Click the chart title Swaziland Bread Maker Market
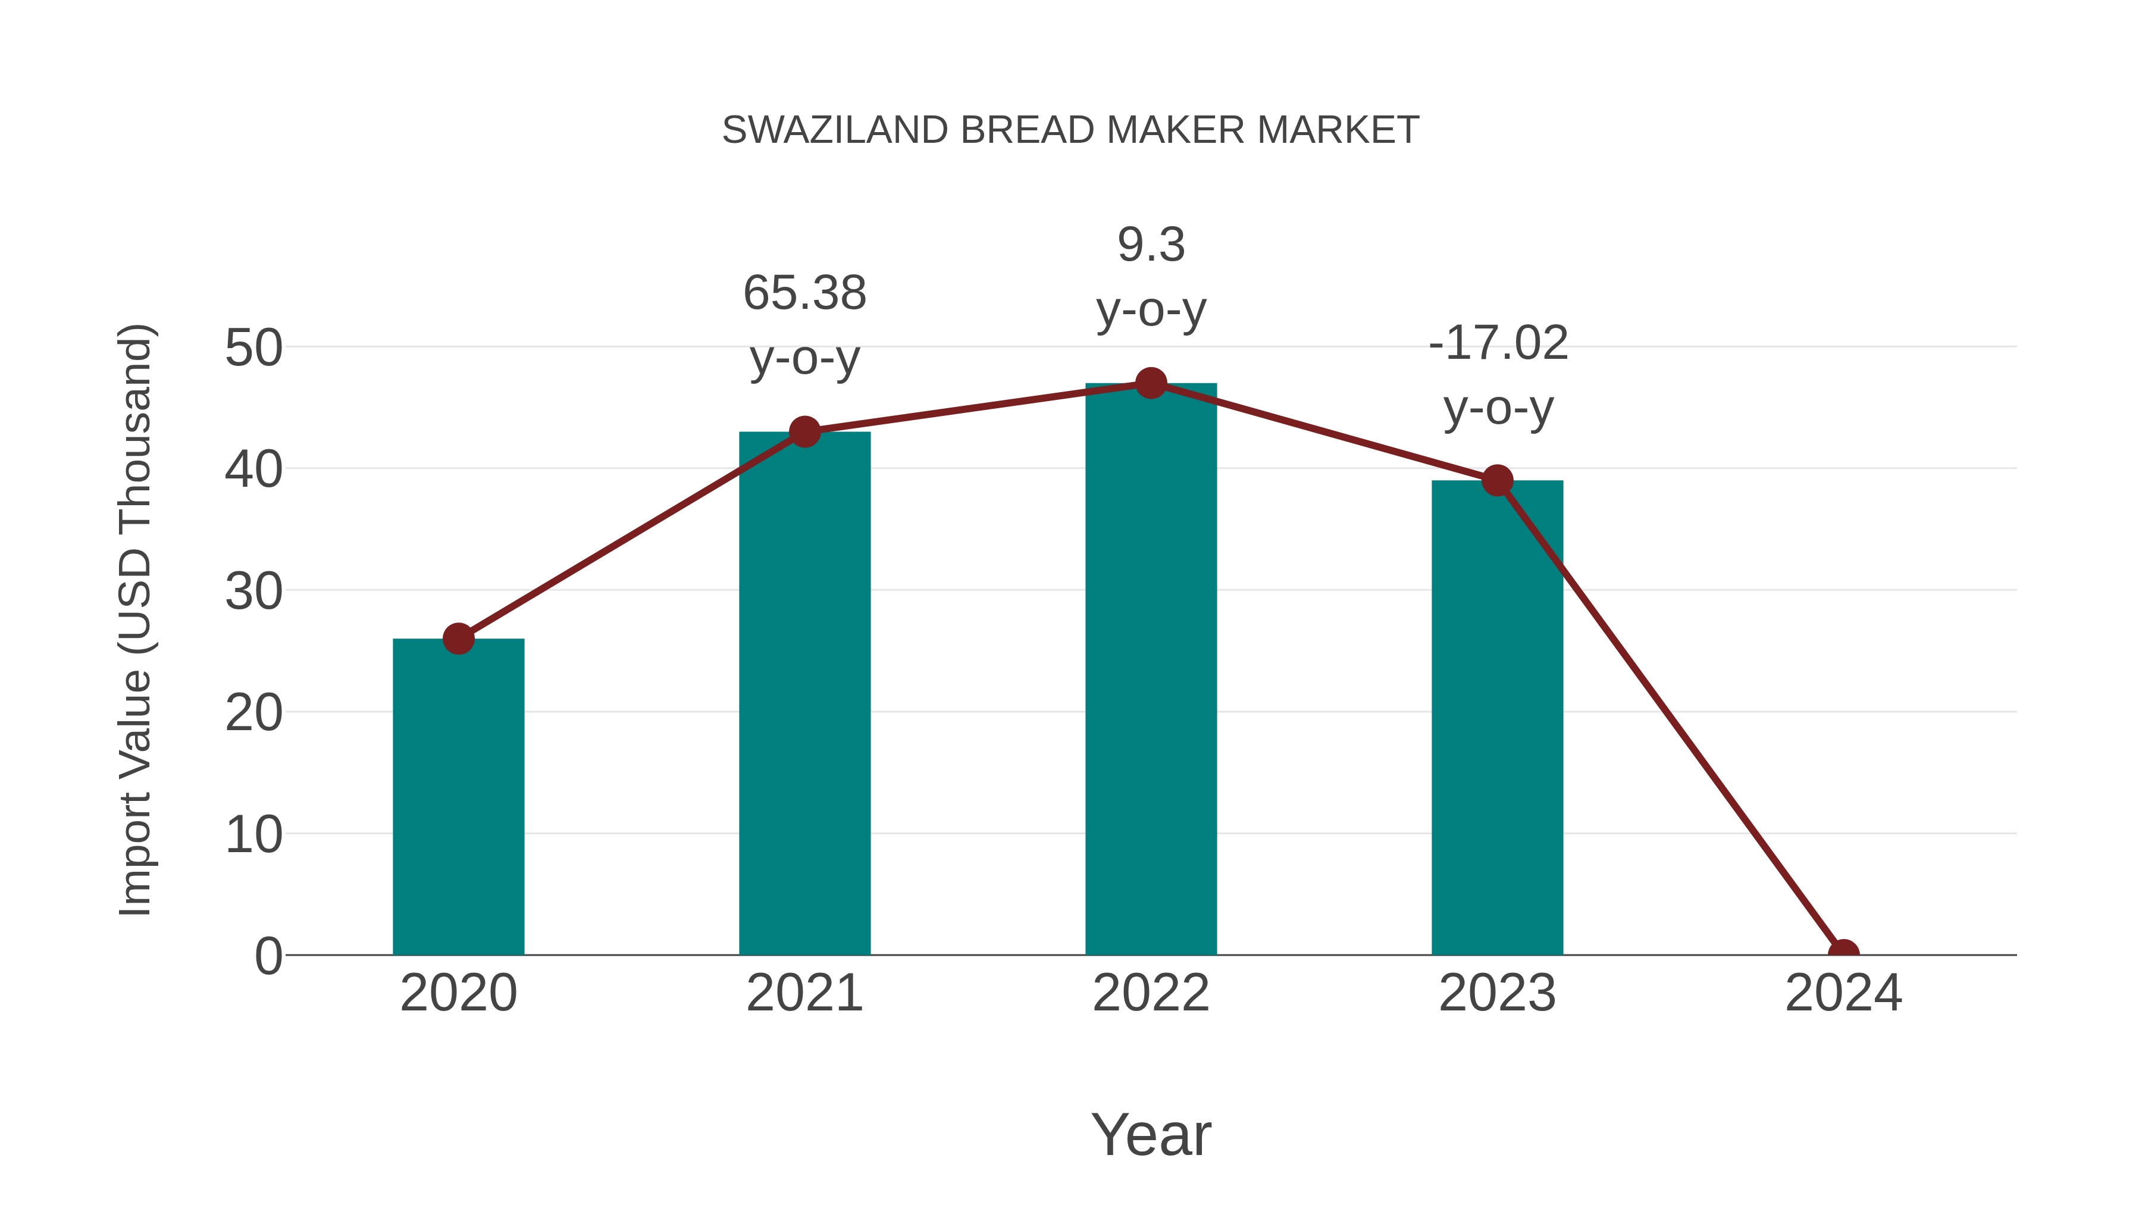tap(1070, 130)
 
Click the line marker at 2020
tap(458, 639)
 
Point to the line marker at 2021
tap(804, 431)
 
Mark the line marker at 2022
tap(1151, 383)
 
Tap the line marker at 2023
tap(1497, 481)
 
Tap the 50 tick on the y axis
tap(253, 348)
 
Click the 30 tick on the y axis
tap(253, 591)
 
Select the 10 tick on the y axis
tap(253, 835)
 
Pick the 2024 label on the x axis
tap(1843, 993)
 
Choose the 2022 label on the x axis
tap(1151, 993)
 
